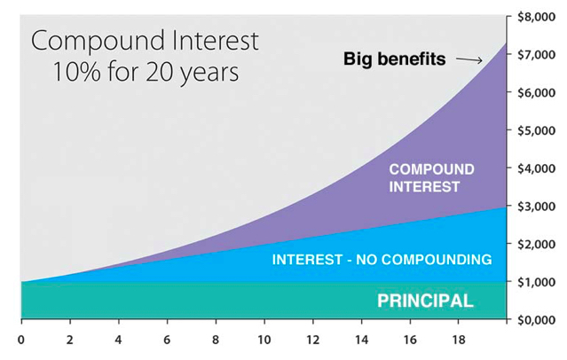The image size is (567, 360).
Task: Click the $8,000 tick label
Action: tap(537, 16)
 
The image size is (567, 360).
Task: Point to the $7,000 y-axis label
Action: tap(537, 54)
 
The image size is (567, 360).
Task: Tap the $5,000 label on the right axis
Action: tap(537, 130)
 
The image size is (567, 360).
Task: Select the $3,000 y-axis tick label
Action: tap(537, 206)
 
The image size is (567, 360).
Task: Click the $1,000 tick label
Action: tap(537, 282)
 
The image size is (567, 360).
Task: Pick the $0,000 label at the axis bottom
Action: tap(537, 320)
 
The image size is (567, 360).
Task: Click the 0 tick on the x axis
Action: tap(21, 338)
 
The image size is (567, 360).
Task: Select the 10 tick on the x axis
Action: tap(264, 338)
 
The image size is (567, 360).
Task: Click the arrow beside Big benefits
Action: tap(469, 60)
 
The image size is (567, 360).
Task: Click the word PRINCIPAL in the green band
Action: tap(425, 301)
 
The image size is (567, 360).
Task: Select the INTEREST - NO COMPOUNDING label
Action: tap(382, 260)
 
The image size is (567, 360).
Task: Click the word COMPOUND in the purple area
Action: tap(432, 169)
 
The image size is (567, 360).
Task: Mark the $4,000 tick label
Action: tap(537, 168)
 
